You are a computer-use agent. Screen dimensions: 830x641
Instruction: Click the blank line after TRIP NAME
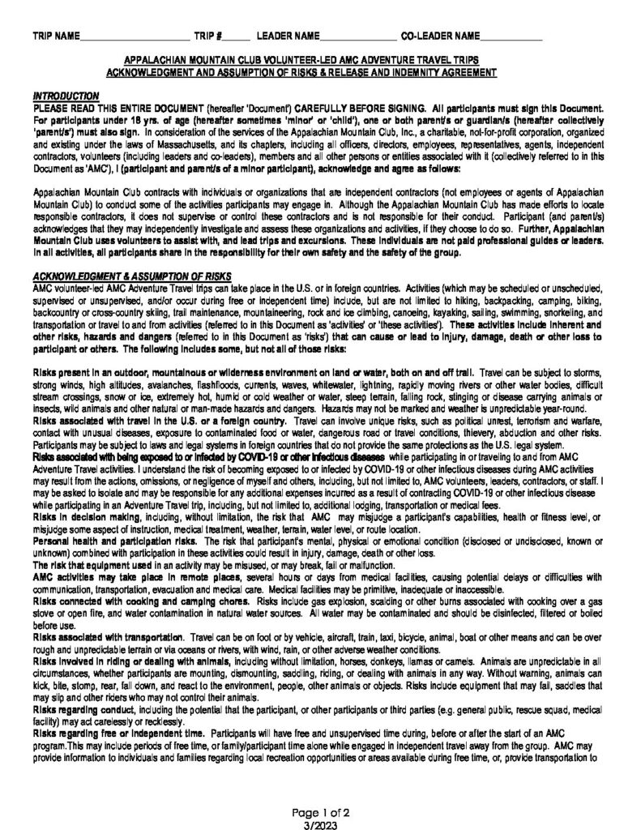[x=134, y=38]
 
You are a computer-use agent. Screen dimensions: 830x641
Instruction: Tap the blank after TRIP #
[x=233, y=38]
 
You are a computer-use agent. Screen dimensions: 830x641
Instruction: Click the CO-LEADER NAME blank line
[x=511, y=38]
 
